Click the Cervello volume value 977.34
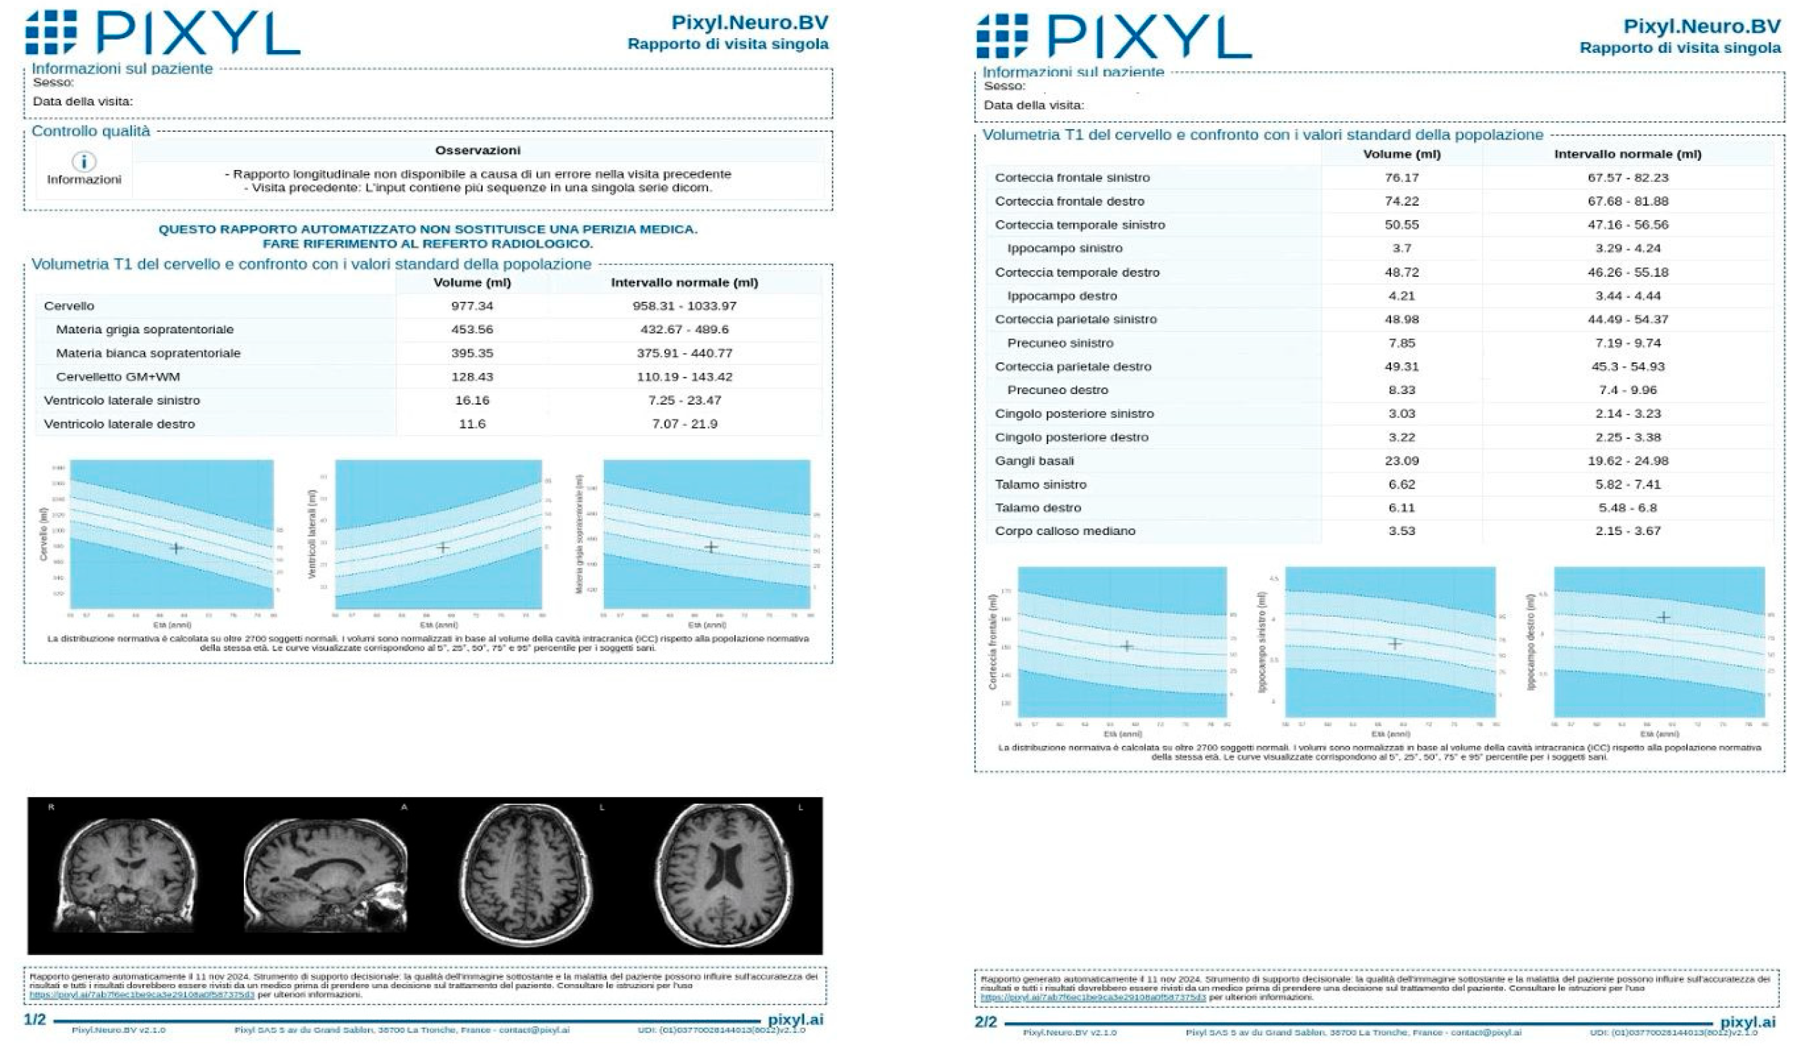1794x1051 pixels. coord(472,306)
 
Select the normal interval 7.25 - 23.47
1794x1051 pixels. coord(684,400)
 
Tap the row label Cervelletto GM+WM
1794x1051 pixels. coord(118,376)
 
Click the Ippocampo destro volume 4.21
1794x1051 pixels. coord(1401,295)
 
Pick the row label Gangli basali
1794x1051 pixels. coord(1034,461)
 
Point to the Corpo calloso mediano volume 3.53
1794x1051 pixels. coord(1401,531)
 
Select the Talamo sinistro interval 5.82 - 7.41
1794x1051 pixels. coord(1628,484)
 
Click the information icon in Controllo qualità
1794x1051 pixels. coord(84,161)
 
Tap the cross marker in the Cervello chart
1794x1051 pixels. coord(176,548)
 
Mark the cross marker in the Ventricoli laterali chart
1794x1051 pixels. coord(443,548)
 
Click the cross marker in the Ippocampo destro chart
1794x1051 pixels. coord(1663,617)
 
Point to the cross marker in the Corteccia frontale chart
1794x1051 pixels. coord(1126,646)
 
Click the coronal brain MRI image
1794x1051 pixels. coord(126,875)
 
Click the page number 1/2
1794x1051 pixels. coord(35,1020)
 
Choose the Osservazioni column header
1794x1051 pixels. coord(477,150)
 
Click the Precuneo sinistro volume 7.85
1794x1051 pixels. coord(1401,343)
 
